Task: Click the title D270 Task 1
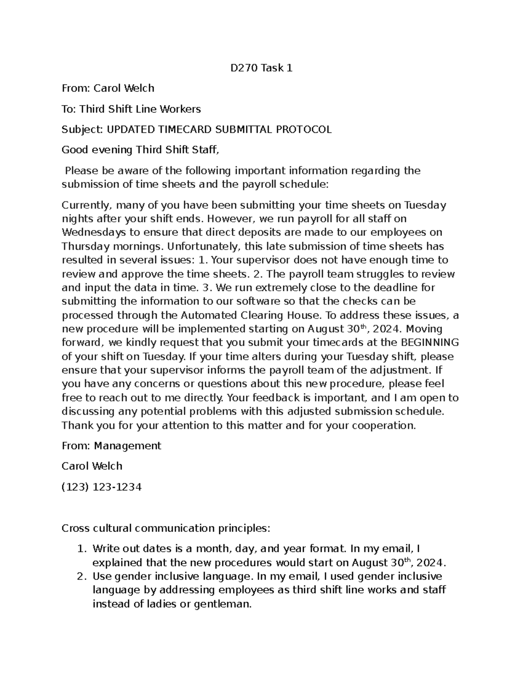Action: tap(261, 68)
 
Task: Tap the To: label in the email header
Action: tap(68, 109)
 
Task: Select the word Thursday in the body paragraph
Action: tap(83, 246)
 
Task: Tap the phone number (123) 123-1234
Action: tap(102, 486)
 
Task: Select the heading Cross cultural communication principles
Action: tap(166, 528)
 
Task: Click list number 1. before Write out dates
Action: tap(82, 549)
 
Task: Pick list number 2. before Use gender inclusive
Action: tap(82, 576)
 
